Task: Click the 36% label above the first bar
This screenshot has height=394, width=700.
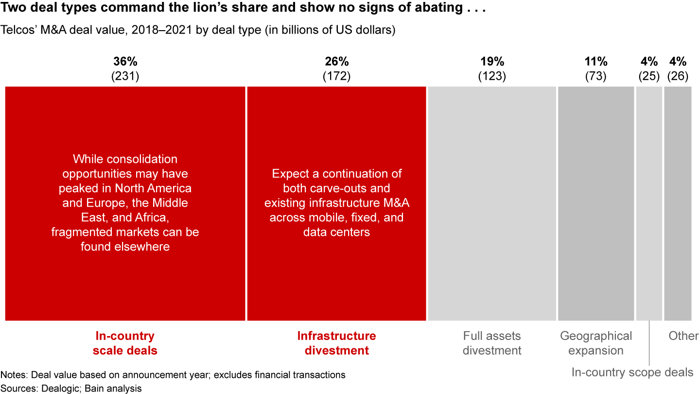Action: pos(125,62)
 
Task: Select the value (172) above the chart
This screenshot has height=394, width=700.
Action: pos(336,76)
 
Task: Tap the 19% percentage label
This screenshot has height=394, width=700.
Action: pos(492,62)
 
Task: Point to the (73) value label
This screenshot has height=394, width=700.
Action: pos(596,76)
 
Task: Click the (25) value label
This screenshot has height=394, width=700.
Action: pos(649,76)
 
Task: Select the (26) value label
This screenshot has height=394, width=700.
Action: pos(678,76)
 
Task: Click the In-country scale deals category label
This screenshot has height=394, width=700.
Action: pos(125,343)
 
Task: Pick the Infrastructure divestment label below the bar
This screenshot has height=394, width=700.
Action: pos(336,343)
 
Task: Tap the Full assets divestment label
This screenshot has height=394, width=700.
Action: pos(492,343)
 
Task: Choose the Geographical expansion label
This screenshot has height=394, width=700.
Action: pos(596,343)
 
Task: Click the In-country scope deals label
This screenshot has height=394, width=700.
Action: pos(632,373)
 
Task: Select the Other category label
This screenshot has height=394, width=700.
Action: pos(683,336)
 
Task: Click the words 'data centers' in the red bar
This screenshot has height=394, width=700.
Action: pos(336,232)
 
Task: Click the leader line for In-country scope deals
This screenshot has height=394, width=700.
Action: pos(649,345)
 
